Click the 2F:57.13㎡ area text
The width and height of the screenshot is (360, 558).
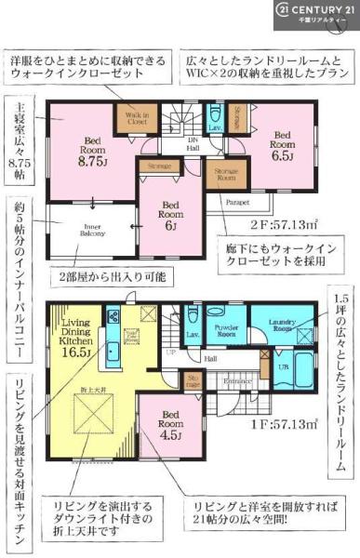[296, 223]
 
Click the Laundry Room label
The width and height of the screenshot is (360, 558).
[282, 326]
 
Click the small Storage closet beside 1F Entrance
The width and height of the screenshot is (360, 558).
[193, 381]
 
